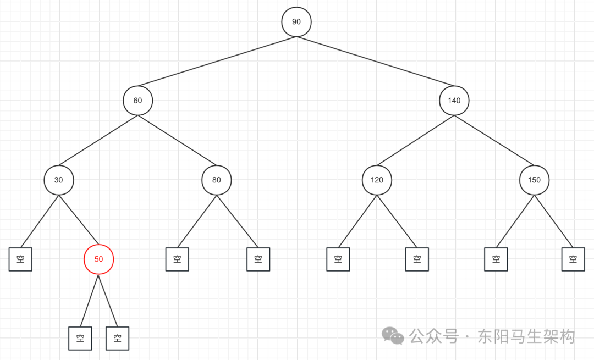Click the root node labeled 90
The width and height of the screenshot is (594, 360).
click(296, 22)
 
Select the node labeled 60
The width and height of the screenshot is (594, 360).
click(137, 101)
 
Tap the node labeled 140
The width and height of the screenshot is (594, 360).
click(454, 101)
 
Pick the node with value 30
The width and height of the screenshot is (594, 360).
click(58, 180)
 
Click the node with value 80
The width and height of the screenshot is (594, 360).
click(216, 180)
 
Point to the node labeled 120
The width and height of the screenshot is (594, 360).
click(377, 180)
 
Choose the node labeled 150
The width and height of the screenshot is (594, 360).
click(534, 180)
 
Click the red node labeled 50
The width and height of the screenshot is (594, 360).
click(98, 259)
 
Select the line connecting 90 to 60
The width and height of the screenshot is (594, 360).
click(217, 62)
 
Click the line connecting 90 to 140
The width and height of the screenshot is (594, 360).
click(375, 62)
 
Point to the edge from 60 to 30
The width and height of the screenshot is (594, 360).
click(98, 140)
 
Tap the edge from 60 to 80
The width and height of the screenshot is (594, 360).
click(177, 140)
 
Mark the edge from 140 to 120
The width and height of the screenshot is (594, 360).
click(415, 140)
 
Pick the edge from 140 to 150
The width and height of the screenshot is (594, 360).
click(494, 140)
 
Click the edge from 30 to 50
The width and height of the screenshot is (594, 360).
click(79, 220)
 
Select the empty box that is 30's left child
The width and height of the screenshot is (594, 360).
click(20, 259)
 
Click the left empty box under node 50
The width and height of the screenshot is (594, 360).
click(80, 339)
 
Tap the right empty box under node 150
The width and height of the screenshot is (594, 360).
click(573, 259)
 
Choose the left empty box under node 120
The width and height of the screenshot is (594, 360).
click(338, 259)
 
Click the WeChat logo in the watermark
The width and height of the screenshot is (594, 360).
click(393, 336)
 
